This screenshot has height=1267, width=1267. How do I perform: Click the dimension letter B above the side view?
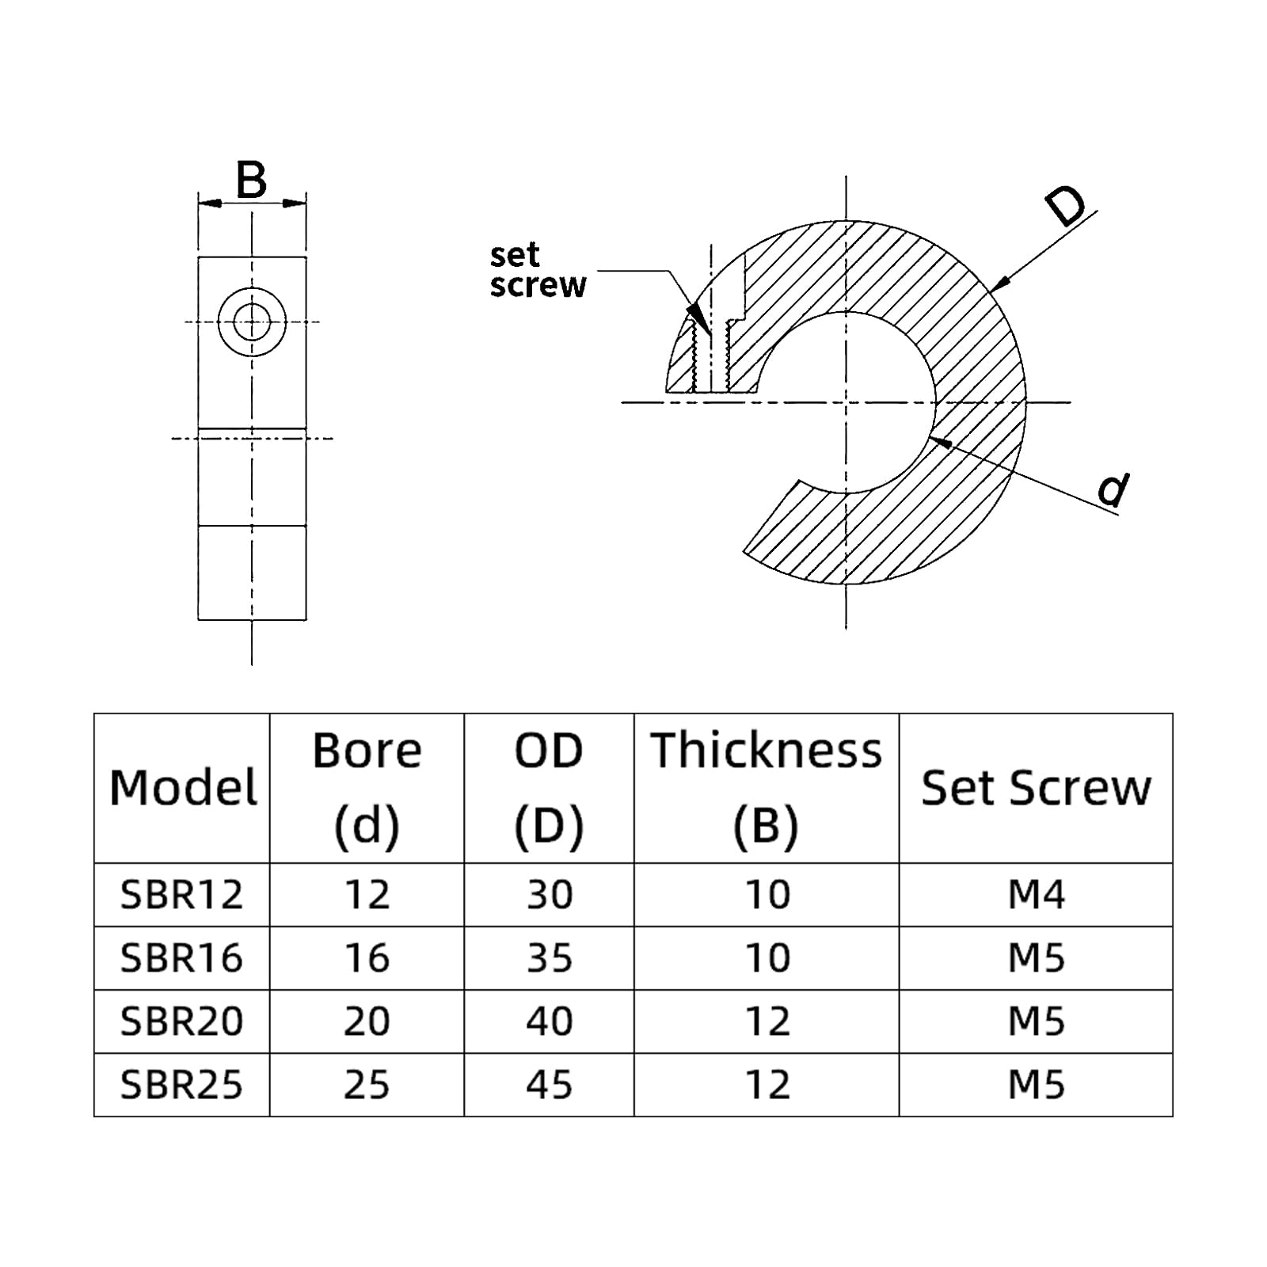tap(251, 181)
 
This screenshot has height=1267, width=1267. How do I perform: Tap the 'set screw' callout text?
tap(537, 270)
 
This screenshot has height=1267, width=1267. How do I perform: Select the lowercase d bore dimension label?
tap(1113, 490)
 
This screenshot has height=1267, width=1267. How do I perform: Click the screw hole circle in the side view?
tap(252, 322)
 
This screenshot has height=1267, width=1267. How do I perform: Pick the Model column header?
tap(183, 788)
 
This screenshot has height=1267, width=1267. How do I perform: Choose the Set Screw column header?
tap(1035, 788)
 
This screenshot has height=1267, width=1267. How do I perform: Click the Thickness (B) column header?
tap(766, 788)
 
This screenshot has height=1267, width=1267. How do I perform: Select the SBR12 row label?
tap(181, 895)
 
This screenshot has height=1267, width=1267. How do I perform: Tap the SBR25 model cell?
tap(181, 1085)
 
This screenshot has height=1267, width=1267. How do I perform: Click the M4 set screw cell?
tap(1036, 895)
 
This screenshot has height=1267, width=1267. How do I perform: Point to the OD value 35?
tap(549, 958)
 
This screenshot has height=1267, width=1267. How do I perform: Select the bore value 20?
tap(367, 1022)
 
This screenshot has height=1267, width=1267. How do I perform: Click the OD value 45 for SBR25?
tap(549, 1085)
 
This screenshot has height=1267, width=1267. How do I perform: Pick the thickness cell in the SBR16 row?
tap(767, 958)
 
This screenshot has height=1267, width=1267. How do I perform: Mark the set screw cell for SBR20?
tap(1036, 1022)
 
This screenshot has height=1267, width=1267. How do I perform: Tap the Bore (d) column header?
tap(367, 788)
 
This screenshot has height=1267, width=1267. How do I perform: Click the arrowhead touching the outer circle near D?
tap(999, 283)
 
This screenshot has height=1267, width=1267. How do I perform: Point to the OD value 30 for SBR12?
tap(549, 895)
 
